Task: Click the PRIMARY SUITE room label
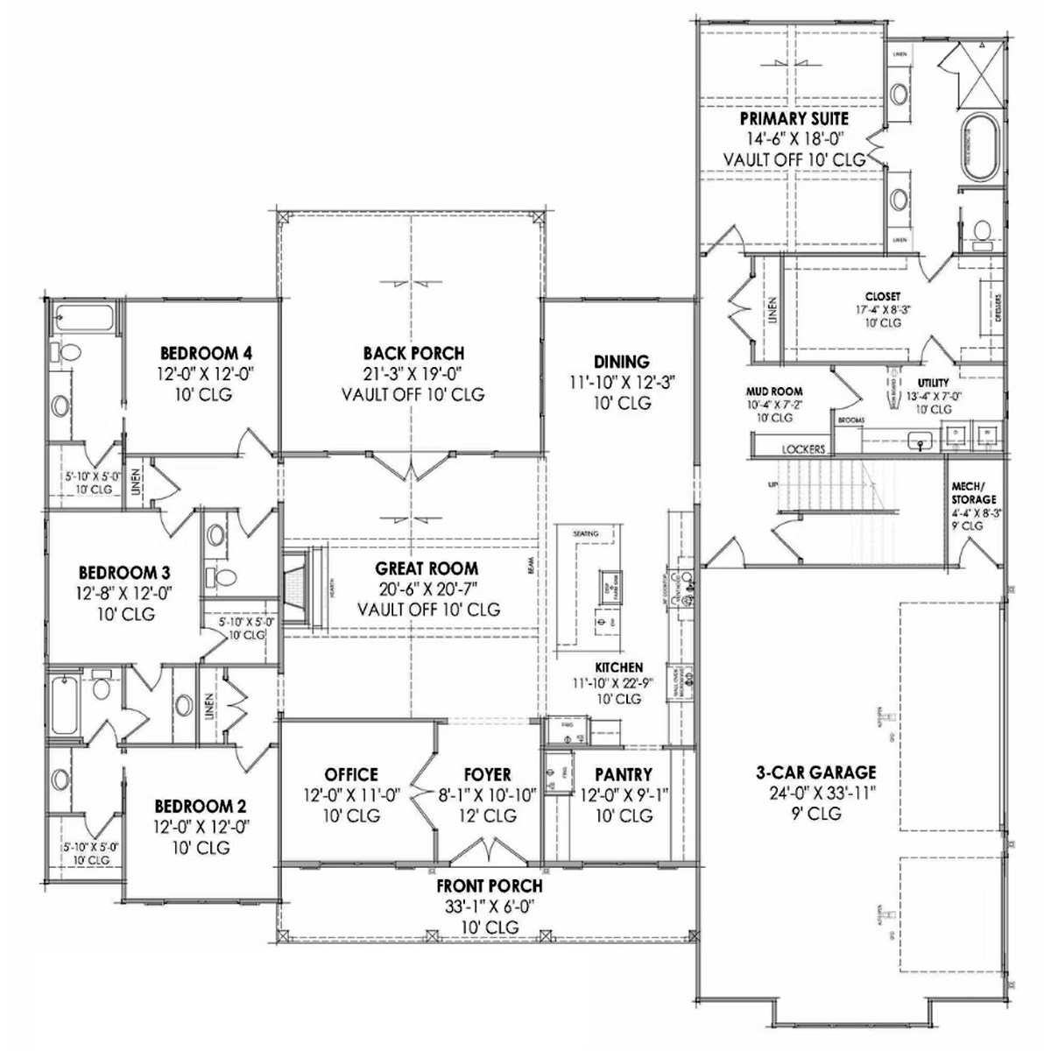click(x=794, y=118)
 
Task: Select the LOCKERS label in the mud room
click(x=803, y=449)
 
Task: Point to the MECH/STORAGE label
click(x=973, y=492)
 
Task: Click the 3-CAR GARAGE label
click(x=815, y=772)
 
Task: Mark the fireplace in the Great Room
click(x=301, y=587)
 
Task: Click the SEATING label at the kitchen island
click(x=585, y=533)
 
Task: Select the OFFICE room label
click(x=351, y=774)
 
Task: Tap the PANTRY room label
click(x=623, y=774)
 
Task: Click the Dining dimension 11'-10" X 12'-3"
click(x=622, y=382)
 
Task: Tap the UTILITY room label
click(x=934, y=383)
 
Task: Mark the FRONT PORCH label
click(x=490, y=885)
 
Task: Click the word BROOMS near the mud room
click(x=850, y=420)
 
